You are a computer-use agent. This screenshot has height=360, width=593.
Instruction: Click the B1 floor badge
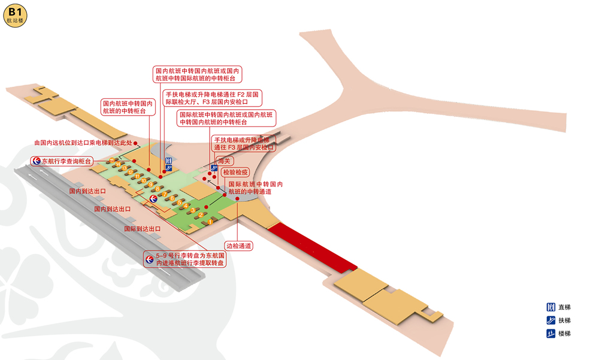point(16,14)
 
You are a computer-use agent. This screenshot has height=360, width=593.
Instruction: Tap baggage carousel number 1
point(210,222)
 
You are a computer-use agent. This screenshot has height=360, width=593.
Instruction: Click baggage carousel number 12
point(129,172)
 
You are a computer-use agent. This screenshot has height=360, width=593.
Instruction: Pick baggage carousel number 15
point(111,160)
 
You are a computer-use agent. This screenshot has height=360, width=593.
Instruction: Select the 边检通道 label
point(238,246)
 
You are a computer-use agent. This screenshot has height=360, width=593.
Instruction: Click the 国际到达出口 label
point(143,229)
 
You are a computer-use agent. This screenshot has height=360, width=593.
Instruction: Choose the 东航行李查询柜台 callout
point(63,161)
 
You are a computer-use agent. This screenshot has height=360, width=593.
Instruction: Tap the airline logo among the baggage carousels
point(153,198)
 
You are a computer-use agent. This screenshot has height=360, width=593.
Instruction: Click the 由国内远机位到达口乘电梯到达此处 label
point(83,143)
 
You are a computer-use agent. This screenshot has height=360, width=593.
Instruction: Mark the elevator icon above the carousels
point(168,161)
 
